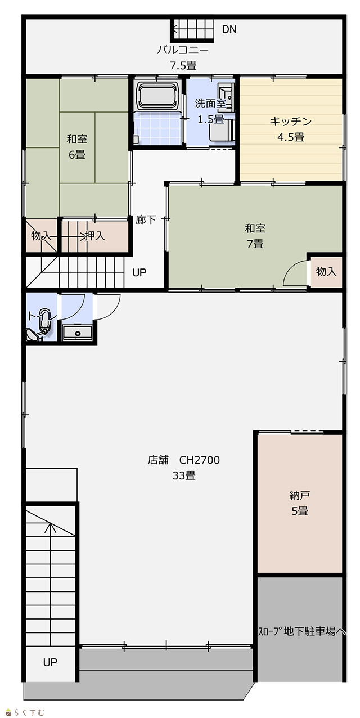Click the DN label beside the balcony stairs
(229, 29)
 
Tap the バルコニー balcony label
(183, 50)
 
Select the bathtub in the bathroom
(158, 95)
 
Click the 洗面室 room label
(210, 104)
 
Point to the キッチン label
(291, 122)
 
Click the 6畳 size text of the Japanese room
(77, 155)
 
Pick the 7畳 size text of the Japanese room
(255, 244)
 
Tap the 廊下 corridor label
(146, 219)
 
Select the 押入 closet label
(95, 236)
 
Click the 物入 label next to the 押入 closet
(41, 236)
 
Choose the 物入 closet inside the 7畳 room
(326, 271)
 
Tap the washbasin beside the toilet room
(78, 333)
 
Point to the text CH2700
(200, 460)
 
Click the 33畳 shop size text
(184, 475)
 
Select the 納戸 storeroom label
(299, 496)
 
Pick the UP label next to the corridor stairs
(139, 272)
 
